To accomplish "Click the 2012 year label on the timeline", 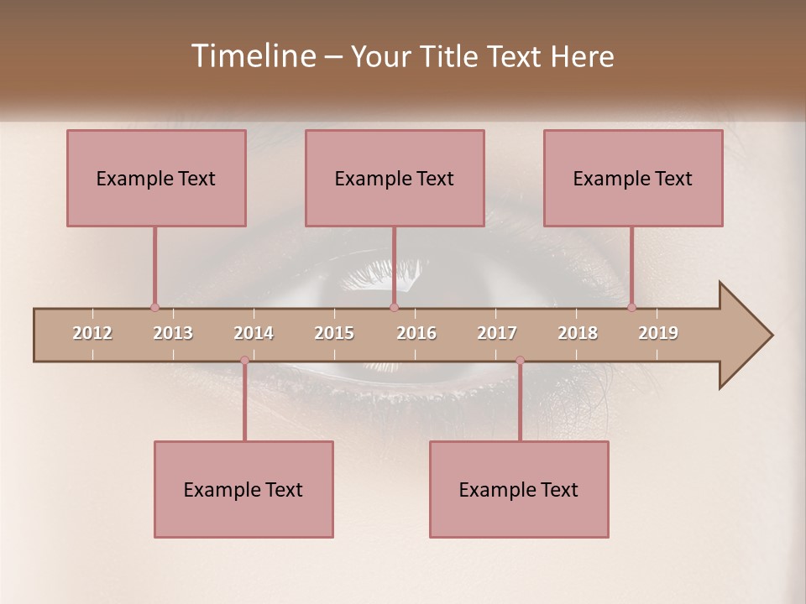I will (x=92, y=333).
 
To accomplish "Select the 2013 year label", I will (x=173, y=333).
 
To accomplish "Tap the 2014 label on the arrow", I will (x=254, y=333).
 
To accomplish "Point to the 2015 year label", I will (x=334, y=333).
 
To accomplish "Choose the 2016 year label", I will (x=416, y=333).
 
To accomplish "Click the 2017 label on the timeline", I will (x=497, y=333).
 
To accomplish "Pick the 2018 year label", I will (x=578, y=333).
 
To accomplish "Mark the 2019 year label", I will (x=658, y=333).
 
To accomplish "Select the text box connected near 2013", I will (x=156, y=178).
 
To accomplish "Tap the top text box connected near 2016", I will (x=395, y=178).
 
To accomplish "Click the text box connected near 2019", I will (x=633, y=178).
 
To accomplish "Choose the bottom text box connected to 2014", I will (x=243, y=489).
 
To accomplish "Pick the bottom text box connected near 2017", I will (x=519, y=489).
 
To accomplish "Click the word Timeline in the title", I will (x=251, y=56).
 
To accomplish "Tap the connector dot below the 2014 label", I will (x=244, y=361).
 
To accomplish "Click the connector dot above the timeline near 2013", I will (x=154, y=307).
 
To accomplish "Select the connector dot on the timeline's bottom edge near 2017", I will (x=520, y=361).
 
